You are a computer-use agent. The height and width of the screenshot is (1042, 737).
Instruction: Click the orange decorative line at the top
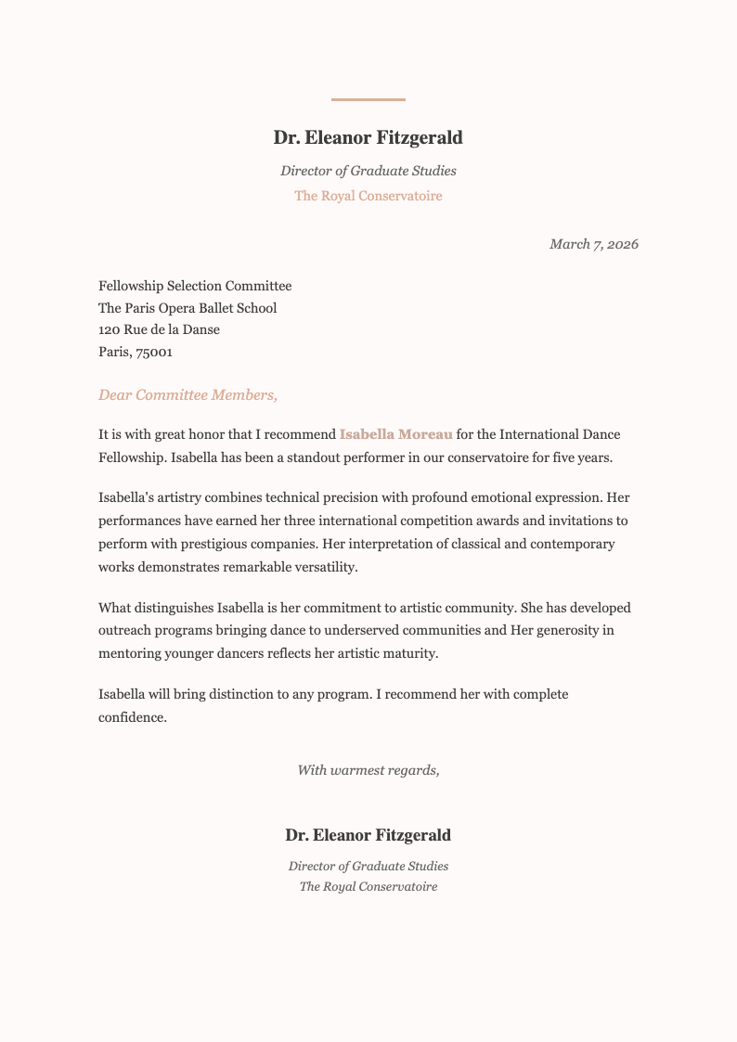coord(368,99)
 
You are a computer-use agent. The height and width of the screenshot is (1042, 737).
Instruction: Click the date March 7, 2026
coord(593,244)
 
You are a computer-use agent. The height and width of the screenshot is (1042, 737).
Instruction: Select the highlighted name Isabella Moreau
coord(396,434)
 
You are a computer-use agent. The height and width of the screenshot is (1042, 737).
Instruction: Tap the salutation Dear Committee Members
coord(187,395)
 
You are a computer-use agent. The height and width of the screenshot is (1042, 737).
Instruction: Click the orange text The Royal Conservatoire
coord(368,196)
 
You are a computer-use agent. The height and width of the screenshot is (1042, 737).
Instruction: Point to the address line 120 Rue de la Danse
coord(159,330)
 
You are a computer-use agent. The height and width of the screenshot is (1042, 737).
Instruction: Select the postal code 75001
coord(154,353)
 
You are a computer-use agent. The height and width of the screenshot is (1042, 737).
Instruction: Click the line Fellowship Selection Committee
coord(195,286)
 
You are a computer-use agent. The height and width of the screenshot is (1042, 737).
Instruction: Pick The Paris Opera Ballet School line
coord(187,308)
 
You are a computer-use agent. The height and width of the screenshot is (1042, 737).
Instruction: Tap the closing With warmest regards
coord(368,770)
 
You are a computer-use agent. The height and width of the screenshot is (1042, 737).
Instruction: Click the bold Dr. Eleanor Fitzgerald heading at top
coord(368,138)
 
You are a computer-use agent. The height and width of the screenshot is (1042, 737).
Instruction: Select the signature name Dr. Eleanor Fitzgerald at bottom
coord(368,835)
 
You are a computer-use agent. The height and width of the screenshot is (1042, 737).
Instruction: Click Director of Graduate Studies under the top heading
coord(368,171)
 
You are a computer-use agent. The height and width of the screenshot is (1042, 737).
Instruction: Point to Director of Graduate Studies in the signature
coord(368,866)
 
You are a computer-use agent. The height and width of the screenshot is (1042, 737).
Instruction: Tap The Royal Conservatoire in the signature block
coord(368,887)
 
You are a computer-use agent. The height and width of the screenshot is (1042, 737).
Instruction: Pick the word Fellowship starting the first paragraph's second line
coord(132,457)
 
